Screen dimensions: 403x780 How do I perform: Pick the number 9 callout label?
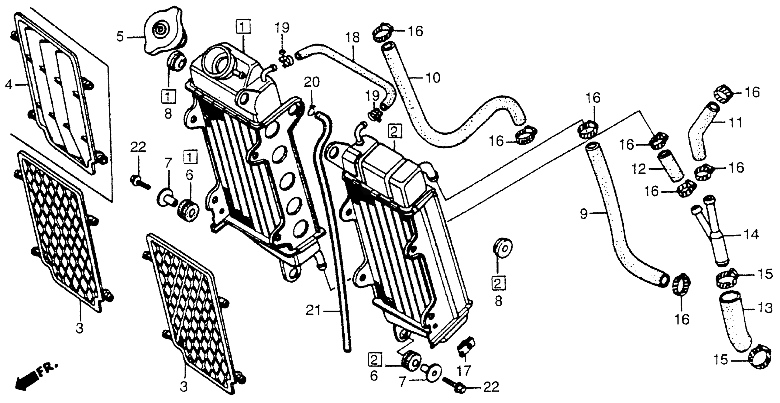click(584, 214)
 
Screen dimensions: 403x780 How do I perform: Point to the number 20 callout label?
click(312, 82)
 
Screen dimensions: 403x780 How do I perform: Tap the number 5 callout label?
click(120, 37)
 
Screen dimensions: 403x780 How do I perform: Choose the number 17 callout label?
click(464, 370)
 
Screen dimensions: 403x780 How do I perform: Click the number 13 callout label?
click(765, 308)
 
